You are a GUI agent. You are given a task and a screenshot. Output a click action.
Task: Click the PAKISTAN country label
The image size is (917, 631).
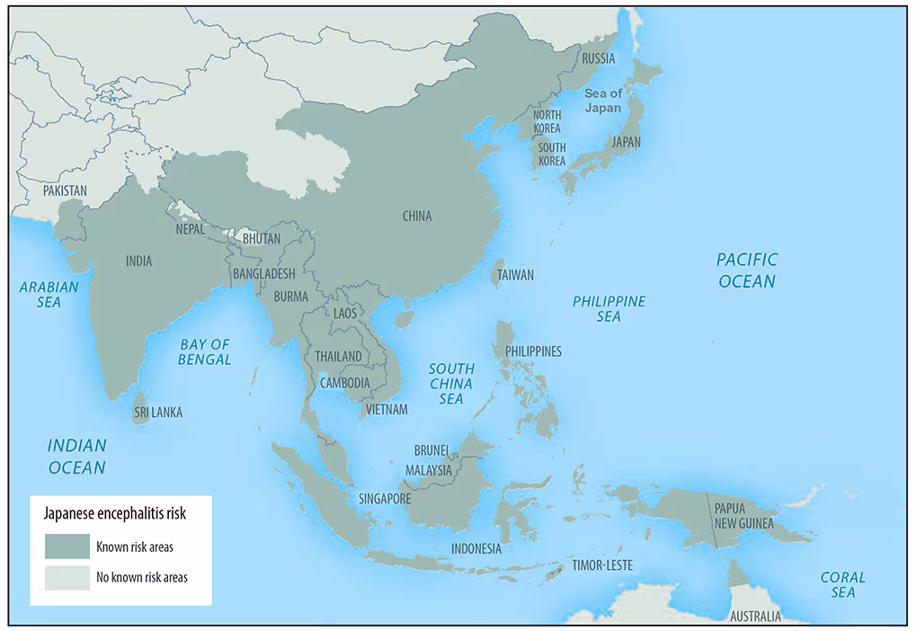(x=66, y=191)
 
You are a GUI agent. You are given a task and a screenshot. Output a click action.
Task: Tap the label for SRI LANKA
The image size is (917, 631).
(x=157, y=413)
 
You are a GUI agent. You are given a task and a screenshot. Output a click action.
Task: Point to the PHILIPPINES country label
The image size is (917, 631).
(x=533, y=351)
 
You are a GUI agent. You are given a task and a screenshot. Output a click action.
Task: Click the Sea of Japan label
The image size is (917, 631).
(x=603, y=101)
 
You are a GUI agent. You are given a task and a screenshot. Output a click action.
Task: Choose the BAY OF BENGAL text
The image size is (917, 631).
(x=205, y=351)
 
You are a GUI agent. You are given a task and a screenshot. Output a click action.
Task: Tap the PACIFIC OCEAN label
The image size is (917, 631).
(x=746, y=270)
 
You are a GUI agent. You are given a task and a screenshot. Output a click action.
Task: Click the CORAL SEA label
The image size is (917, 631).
(x=843, y=584)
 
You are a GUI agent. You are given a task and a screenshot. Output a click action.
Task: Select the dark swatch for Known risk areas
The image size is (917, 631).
(x=67, y=547)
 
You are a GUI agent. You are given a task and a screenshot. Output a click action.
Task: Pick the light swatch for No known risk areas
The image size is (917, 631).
(x=67, y=577)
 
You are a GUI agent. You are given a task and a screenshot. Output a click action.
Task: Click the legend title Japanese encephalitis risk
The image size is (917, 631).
(x=115, y=514)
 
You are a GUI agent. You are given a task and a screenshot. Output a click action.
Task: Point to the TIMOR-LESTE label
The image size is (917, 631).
(x=602, y=565)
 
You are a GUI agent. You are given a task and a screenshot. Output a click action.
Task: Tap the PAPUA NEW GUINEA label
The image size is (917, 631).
(x=742, y=515)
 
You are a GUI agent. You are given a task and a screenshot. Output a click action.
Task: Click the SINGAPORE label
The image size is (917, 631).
(x=385, y=499)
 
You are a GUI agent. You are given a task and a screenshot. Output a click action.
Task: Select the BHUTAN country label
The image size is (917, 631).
(x=262, y=238)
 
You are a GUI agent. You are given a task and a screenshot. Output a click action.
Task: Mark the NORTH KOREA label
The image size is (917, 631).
(x=547, y=121)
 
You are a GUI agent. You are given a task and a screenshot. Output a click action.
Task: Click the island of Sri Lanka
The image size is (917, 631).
(x=141, y=403)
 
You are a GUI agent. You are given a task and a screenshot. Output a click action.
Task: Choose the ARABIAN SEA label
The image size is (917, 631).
(x=49, y=294)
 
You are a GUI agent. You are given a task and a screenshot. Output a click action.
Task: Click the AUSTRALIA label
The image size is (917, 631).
(x=755, y=618)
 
